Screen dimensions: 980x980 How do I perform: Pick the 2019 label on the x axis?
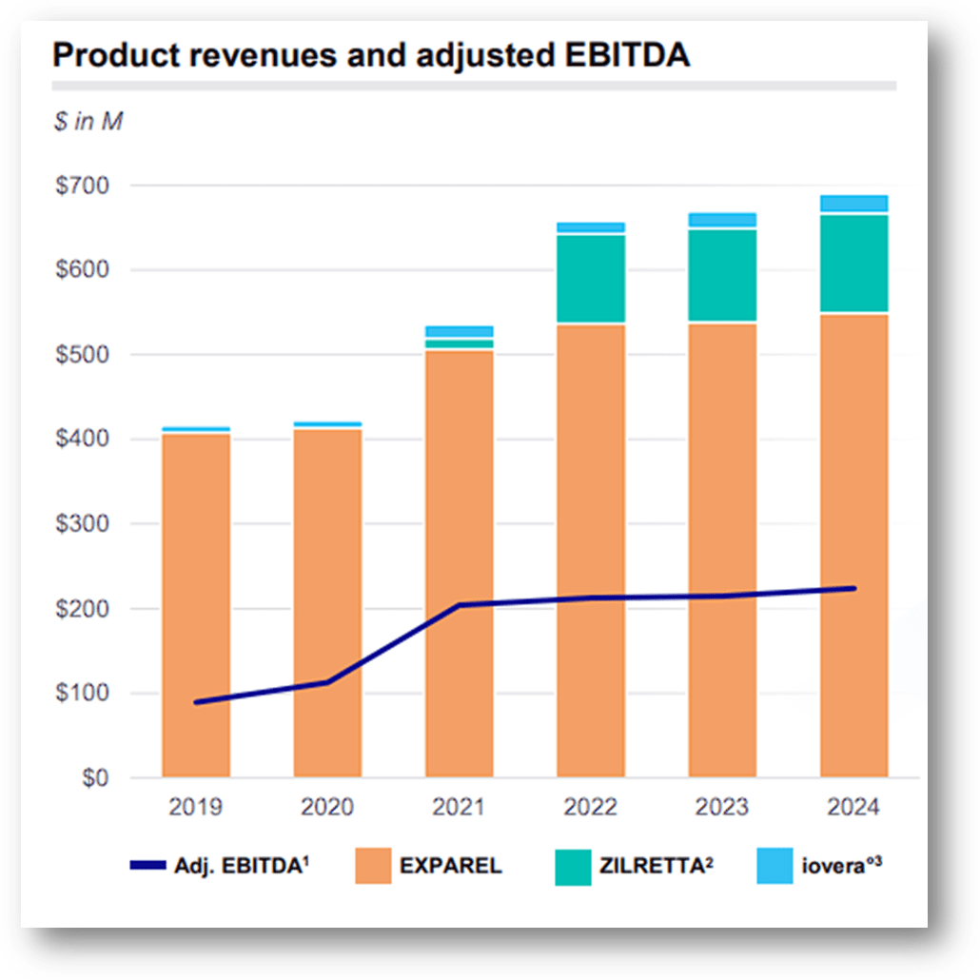196,808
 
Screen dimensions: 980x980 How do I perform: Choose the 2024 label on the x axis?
853,808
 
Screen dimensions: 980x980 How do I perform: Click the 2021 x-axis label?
459,808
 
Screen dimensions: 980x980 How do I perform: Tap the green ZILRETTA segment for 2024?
853,264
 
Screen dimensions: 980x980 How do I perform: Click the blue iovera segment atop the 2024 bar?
853,203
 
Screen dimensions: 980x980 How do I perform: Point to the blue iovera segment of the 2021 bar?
459,331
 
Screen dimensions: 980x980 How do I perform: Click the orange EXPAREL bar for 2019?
196,571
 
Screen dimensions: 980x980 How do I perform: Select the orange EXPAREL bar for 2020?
327,571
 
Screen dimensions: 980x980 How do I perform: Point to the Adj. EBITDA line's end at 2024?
853,589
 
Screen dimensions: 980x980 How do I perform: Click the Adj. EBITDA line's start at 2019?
196,702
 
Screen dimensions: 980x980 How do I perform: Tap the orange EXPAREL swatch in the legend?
373,866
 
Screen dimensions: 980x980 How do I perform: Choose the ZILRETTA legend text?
657,866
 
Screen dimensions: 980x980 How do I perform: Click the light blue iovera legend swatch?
774,866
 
